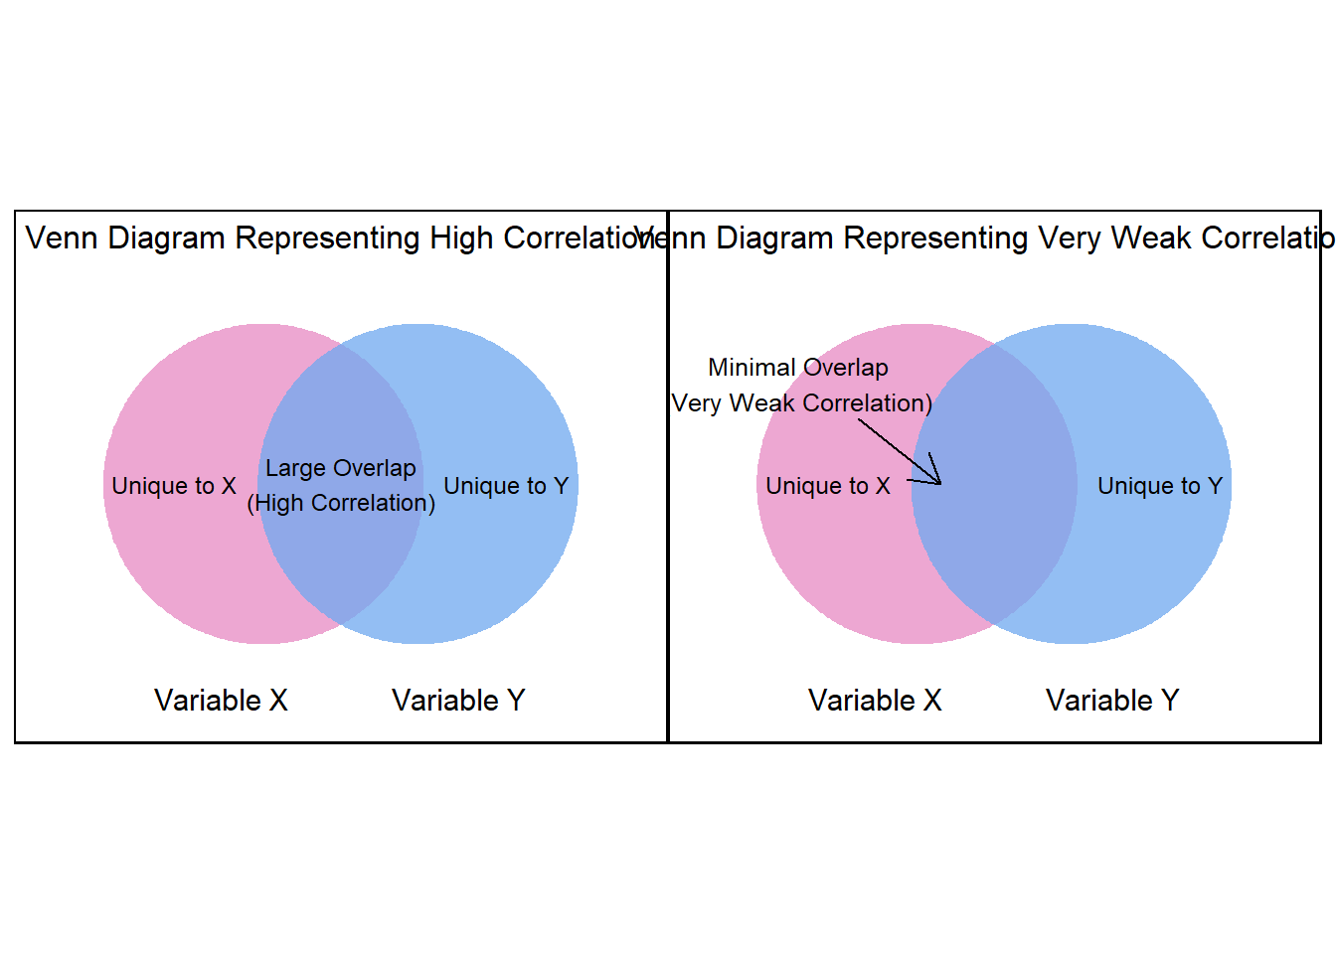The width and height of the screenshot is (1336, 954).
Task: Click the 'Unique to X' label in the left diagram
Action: (x=174, y=486)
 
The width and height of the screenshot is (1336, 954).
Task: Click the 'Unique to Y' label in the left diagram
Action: (x=506, y=486)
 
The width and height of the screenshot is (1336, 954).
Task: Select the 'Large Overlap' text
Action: (x=341, y=468)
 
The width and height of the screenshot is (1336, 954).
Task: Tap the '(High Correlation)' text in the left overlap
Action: (x=341, y=503)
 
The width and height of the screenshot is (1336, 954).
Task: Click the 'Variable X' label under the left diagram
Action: (x=221, y=701)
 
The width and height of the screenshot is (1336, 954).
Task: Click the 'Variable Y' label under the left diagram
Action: (x=458, y=701)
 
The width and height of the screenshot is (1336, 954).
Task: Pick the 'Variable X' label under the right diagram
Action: (x=875, y=701)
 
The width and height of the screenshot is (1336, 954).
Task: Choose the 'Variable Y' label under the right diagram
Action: (x=1112, y=701)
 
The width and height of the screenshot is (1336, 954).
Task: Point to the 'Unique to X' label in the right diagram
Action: (x=828, y=486)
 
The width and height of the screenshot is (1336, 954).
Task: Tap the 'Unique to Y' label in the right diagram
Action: (x=1160, y=486)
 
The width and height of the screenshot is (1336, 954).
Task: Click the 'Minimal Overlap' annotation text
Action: (x=798, y=368)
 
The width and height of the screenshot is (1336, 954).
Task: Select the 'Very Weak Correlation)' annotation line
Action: (x=802, y=403)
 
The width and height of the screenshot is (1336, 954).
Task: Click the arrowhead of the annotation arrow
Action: (x=937, y=481)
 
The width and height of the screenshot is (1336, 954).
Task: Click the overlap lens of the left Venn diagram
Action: (x=341, y=556)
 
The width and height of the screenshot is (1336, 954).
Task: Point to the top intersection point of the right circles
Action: (x=994, y=344)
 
